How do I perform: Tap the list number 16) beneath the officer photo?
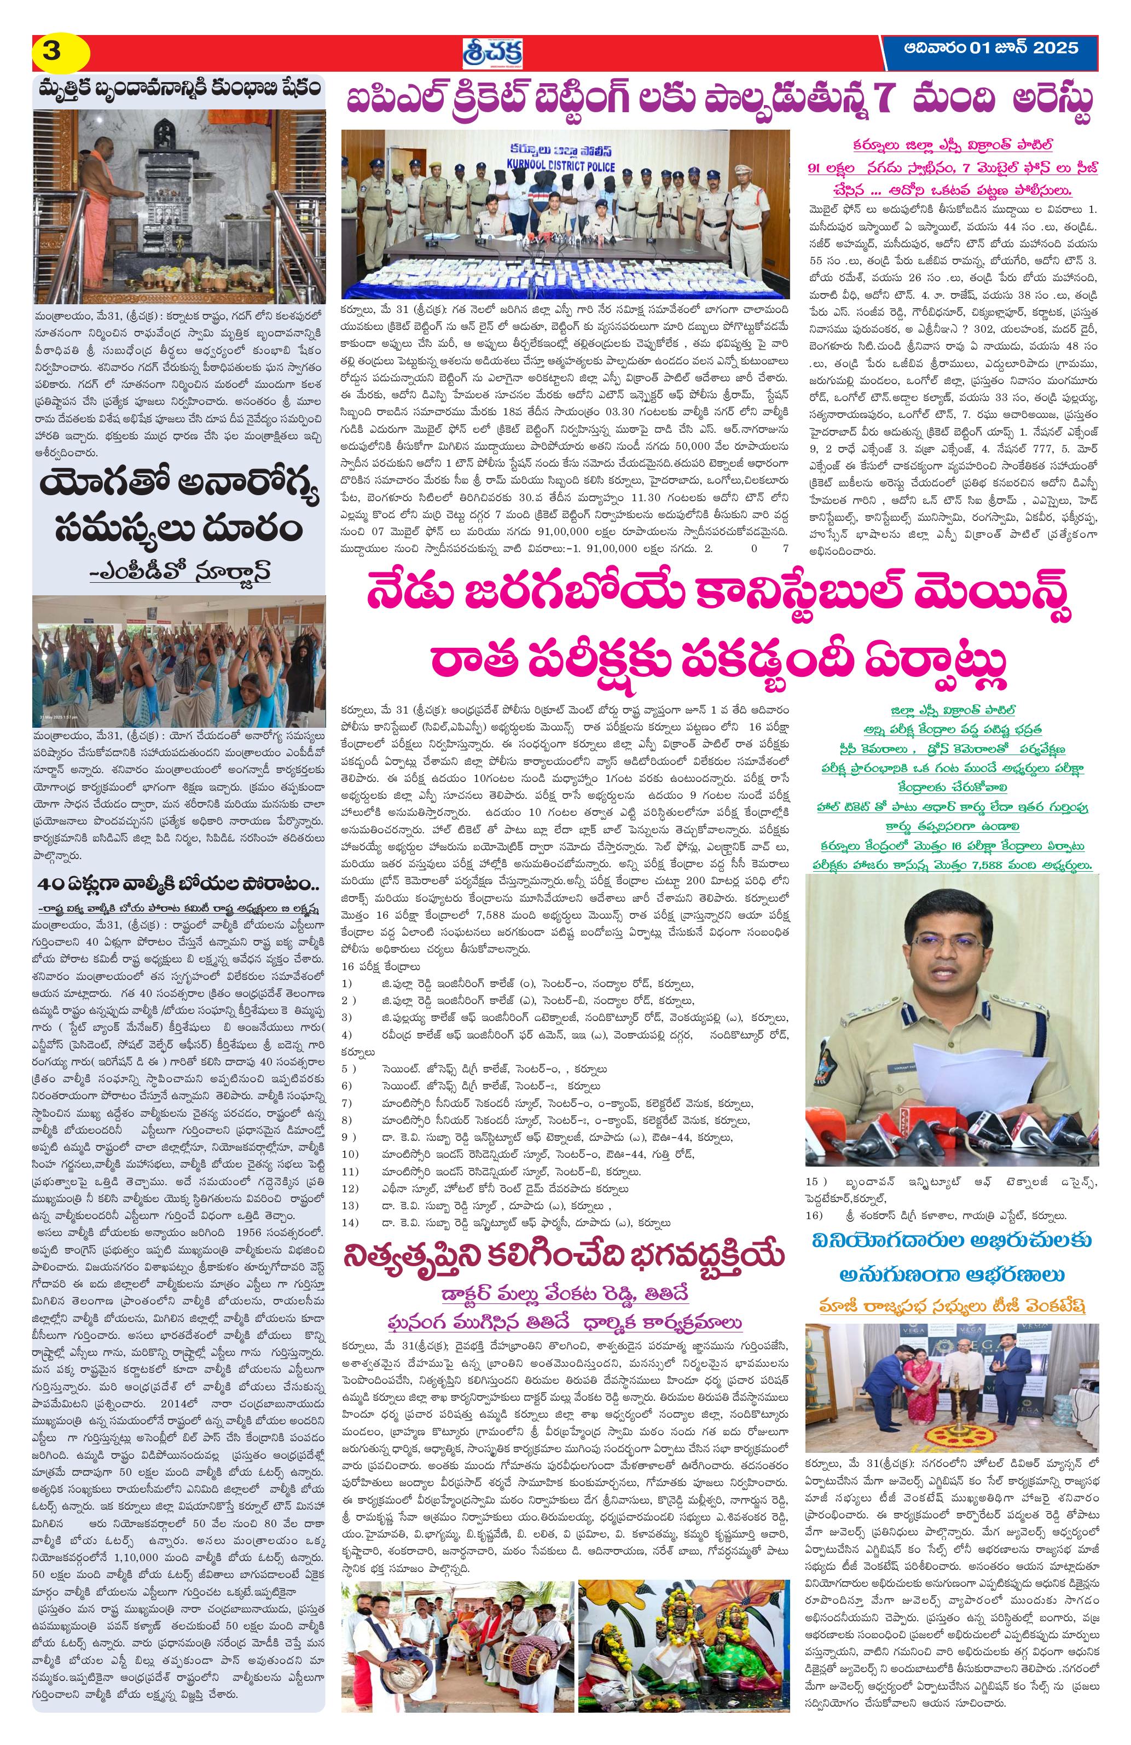click(814, 1215)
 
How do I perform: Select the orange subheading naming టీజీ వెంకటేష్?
click(952, 1305)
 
